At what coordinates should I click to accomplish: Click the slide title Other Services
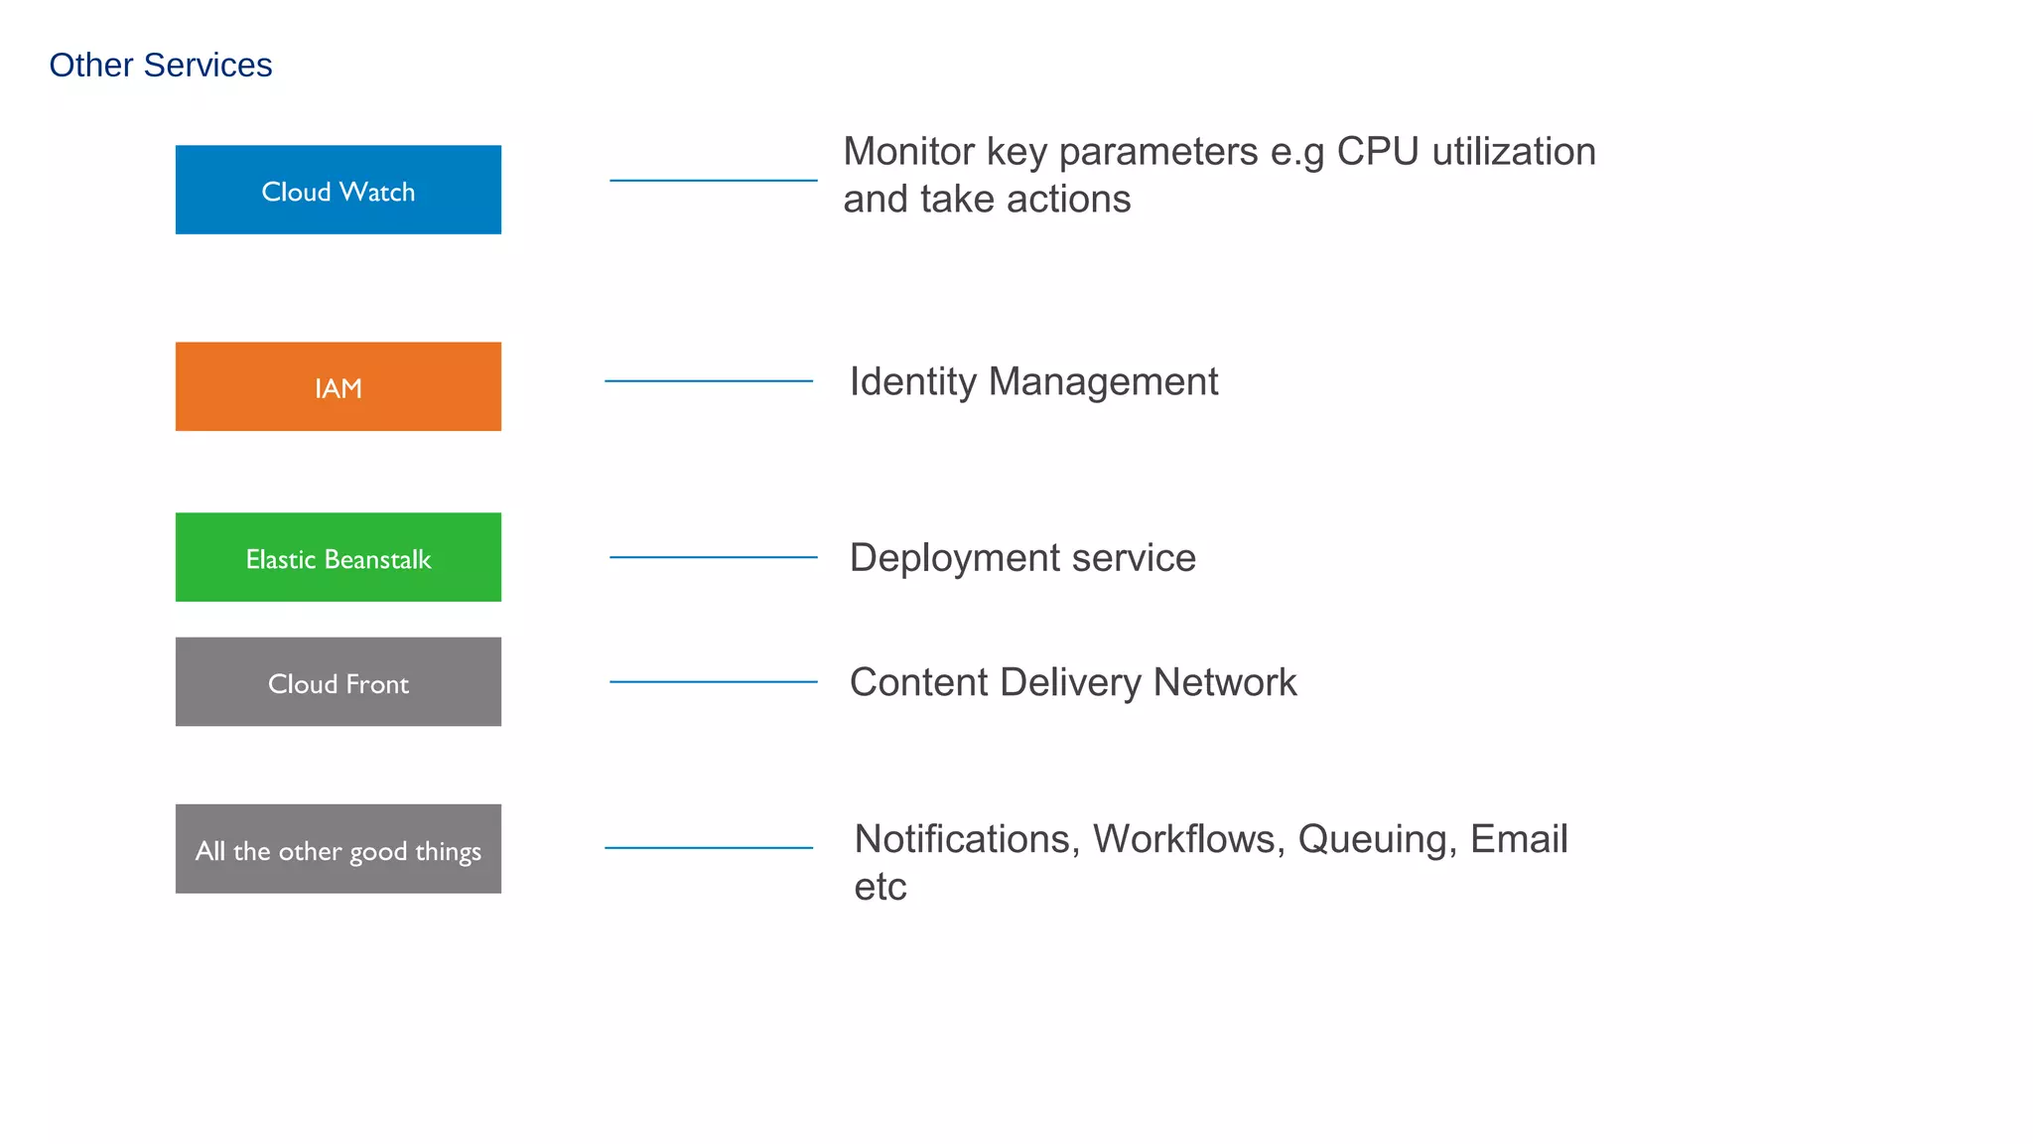pyautogui.click(x=160, y=66)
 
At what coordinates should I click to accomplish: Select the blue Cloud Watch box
pyautogui.click(x=338, y=190)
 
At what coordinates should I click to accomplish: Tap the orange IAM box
pyautogui.click(x=338, y=386)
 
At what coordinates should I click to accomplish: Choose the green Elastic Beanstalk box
pyautogui.click(x=338, y=557)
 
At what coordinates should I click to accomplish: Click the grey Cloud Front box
pyautogui.click(x=338, y=682)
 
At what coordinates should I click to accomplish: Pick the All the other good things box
pyautogui.click(x=338, y=849)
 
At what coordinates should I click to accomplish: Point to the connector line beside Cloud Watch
pyautogui.click(x=713, y=181)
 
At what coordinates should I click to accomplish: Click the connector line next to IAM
pyautogui.click(x=708, y=381)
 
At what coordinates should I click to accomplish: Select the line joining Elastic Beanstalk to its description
pyautogui.click(x=713, y=558)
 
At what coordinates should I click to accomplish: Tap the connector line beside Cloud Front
pyautogui.click(x=713, y=682)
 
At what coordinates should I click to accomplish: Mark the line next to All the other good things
pyautogui.click(x=708, y=848)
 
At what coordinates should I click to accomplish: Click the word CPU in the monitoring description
pyautogui.click(x=1377, y=152)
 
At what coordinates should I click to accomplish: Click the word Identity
pyautogui.click(x=912, y=382)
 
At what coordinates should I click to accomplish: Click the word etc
pyautogui.click(x=880, y=887)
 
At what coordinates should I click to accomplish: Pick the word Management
pyautogui.click(x=1103, y=382)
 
